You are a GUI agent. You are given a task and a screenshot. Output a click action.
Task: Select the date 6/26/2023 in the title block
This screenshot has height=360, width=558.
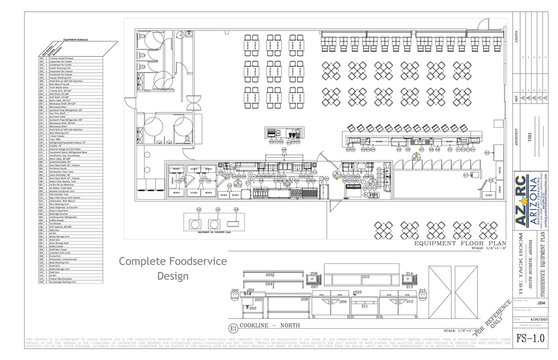coord(534,319)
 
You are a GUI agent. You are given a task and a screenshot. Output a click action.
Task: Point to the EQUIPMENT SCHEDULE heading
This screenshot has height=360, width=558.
coord(76,39)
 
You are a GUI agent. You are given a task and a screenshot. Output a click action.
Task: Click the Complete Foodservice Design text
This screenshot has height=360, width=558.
coord(173,268)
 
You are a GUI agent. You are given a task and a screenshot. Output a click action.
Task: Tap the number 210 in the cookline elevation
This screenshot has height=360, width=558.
coord(366,276)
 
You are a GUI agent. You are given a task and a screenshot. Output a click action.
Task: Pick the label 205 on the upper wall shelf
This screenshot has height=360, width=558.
coord(269,275)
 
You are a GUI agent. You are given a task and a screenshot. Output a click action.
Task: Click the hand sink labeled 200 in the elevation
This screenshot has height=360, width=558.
coord(235,295)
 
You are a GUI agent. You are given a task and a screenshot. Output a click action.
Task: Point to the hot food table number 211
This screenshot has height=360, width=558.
coord(364,306)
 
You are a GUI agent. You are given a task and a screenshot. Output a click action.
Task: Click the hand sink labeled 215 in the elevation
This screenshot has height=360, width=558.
coord(422,295)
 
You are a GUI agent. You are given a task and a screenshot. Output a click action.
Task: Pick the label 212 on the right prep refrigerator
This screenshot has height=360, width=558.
coord(409,301)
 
